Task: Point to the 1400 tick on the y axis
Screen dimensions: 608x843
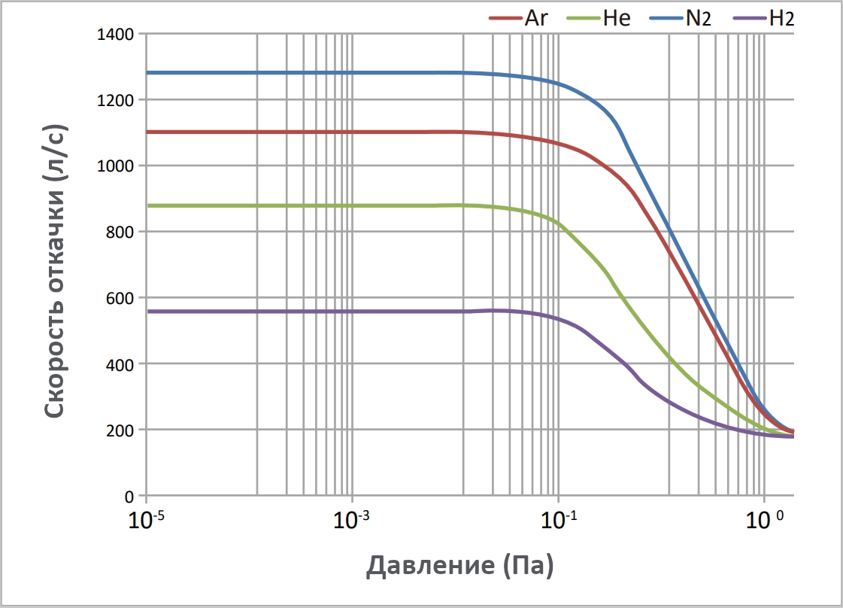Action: pyautogui.click(x=115, y=34)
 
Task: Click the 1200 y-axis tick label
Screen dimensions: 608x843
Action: pyautogui.click(x=115, y=100)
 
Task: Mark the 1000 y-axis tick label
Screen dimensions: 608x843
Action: pyautogui.click(x=115, y=166)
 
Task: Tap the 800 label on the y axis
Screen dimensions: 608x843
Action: pyautogui.click(x=120, y=233)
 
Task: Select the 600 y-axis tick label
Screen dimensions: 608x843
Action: pyautogui.click(x=120, y=299)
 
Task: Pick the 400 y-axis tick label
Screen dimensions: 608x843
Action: pyautogui.click(x=120, y=365)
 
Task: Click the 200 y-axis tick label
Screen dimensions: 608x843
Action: pyautogui.click(x=120, y=431)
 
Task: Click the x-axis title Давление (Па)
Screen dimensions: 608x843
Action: pyautogui.click(x=460, y=565)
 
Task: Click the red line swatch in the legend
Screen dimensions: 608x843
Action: pyautogui.click(x=505, y=17)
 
